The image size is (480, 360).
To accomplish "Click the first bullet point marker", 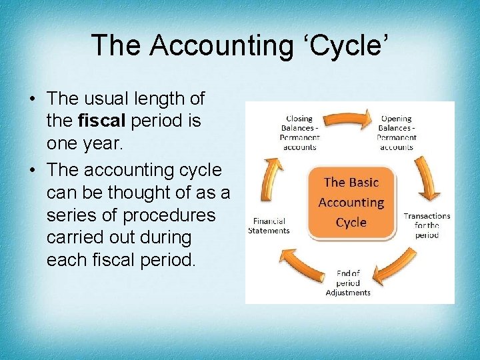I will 32,99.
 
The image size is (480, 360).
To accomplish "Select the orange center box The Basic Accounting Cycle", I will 351,202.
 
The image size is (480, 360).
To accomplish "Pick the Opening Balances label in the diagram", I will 396,133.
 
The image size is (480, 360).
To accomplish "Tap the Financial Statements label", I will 269,225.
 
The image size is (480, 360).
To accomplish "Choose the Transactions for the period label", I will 427,225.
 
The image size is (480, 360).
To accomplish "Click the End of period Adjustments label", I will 347,283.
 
